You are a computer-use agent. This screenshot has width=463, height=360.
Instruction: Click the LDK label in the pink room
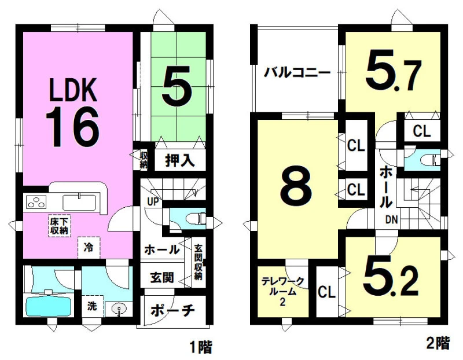pos(73,90)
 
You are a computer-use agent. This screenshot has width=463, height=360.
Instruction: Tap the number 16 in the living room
pos(72,126)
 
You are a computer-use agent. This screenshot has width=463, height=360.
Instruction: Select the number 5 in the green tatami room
pos(177,86)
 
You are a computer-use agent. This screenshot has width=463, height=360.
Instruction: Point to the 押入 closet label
pos(179,161)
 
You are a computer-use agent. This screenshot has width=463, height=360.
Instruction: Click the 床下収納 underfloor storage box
pos(60,226)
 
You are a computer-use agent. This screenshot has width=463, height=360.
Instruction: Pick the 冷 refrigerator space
pos(89,248)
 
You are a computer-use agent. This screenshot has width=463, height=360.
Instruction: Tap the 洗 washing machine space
pos(93,306)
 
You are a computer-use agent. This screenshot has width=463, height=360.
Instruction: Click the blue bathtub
pos(49,307)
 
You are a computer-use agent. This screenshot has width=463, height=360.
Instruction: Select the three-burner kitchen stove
pos(36,203)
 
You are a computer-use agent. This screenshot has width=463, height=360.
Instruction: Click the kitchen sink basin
pos(79,203)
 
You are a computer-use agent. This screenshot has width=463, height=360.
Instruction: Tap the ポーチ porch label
pos(172,311)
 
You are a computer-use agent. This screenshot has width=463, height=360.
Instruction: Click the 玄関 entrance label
pos(162,277)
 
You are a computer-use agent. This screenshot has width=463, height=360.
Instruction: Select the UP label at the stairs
pos(153,202)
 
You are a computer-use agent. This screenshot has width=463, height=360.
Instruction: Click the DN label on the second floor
pos(392,219)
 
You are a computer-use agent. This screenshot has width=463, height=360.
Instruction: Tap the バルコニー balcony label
pos(297,72)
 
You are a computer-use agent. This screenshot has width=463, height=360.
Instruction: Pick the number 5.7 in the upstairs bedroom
pos(393,72)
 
